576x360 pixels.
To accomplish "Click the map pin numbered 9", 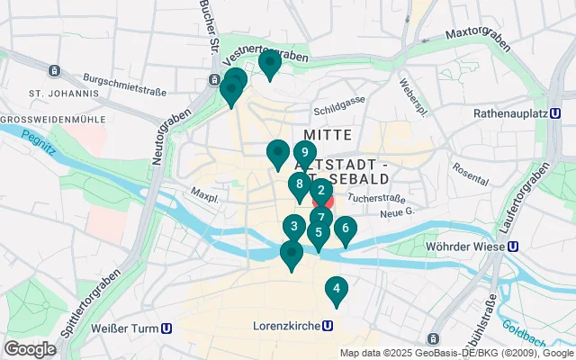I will click(305, 153).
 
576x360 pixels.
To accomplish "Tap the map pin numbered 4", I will click(336, 289).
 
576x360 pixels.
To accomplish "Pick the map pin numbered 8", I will click(299, 184).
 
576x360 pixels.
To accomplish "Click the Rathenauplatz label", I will click(510, 114).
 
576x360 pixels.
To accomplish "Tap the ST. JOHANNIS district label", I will click(63, 93).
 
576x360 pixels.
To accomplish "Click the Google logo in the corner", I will click(30, 349).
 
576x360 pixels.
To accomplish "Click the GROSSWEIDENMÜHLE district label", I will click(53, 119).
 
